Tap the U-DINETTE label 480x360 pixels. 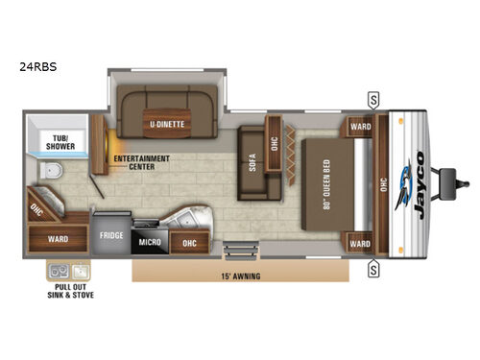pos(167,124)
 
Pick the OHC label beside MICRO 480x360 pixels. pos(190,244)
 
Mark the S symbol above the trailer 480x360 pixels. pos(372,98)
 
